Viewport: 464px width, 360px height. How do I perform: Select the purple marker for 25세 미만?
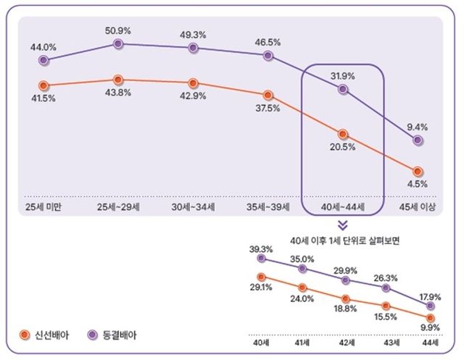[x=43, y=60]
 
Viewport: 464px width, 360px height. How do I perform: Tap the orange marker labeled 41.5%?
[x=43, y=85]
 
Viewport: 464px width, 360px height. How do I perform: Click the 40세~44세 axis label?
[x=342, y=207]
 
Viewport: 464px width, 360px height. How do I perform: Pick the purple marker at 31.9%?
[x=343, y=90]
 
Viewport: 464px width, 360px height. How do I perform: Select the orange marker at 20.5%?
[x=343, y=134]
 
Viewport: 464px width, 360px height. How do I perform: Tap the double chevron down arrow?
[x=342, y=225]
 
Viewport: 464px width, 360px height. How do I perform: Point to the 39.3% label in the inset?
[x=261, y=248]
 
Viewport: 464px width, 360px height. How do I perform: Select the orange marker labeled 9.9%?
[x=432, y=317]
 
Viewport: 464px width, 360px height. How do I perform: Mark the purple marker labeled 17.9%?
[x=432, y=305]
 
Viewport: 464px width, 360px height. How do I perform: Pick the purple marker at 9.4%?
[x=418, y=139]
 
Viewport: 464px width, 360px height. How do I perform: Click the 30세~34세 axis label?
[x=193, y=207]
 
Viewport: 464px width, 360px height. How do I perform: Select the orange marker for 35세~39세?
[x=268, y=94]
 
